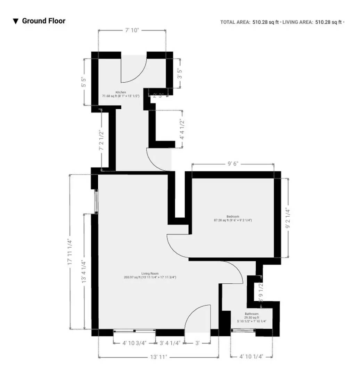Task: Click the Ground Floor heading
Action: click(x=43, y=21)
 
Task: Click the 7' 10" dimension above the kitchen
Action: click(x=132, y=30)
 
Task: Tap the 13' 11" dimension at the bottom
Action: click(x=158, y=357)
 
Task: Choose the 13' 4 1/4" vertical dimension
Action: click(x=83, y=272)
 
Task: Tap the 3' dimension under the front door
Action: click(x=197, y=343)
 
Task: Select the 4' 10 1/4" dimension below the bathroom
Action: click(x=251, y=356)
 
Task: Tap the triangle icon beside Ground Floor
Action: click(x=16, y=21)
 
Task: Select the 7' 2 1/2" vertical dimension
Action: click(x=101, y=140)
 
